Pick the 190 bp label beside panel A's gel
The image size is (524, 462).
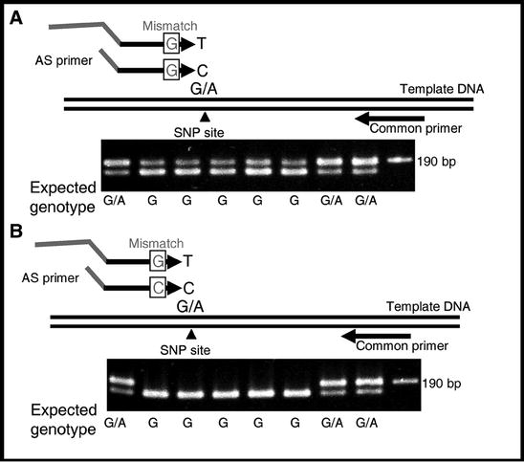coord(436,160)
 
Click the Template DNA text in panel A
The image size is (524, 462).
coord(442,88)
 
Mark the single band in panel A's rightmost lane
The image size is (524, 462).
coord(395,160)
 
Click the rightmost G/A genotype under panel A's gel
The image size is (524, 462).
coord(366,201)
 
